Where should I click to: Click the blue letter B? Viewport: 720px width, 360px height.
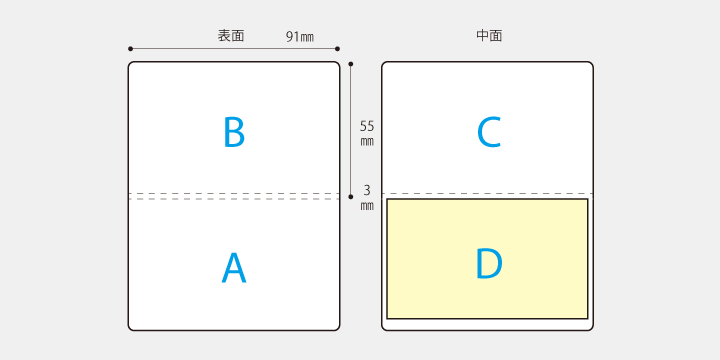click(x=234, y=132)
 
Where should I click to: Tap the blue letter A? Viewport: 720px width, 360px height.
click(x=233, y=268)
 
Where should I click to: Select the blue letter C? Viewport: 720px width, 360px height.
click(x=488, y=132)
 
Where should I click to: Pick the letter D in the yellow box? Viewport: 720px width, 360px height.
click(x=488, y=263)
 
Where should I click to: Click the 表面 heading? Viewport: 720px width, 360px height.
click(x=231, y=36)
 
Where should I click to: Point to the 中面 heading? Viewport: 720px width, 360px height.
click(x=489, y=36)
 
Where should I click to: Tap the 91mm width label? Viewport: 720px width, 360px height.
click(x=299, y=37)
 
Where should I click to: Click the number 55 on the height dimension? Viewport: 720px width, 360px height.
click(x=367, y=126)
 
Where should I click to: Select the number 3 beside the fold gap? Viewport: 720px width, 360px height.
click(x=367, y=190)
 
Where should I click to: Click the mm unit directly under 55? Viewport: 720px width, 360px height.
click(x=367, y=141)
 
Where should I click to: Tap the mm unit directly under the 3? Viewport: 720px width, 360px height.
click(x=367, y=205)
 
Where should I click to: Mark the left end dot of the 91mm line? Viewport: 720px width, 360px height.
click(x=130, y=48)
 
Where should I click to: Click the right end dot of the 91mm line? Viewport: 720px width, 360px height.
click(x=339, y=48)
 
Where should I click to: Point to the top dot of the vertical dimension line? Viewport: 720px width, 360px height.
click(x=351, y=63)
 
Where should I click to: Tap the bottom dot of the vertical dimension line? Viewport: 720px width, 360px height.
click(x=351, y=197)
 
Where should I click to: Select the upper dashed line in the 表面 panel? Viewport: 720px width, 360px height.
click(x=234, y=193)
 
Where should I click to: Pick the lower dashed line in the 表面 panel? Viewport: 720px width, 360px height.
click(x=234, y=199)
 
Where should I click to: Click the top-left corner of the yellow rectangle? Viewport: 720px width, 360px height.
click(x=387, y=199)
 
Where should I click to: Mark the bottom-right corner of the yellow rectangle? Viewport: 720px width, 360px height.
click(x=587, y=318)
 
